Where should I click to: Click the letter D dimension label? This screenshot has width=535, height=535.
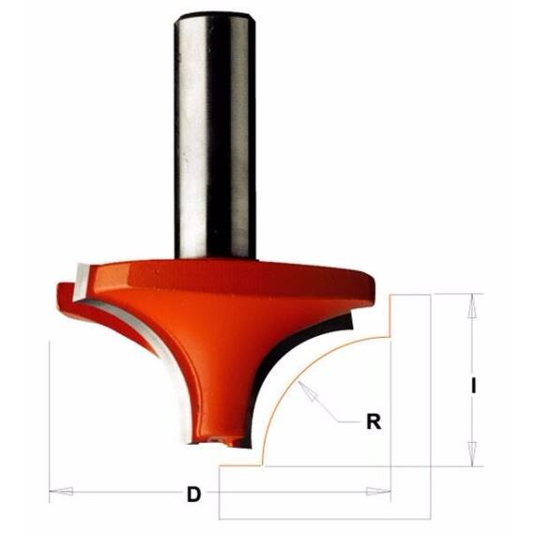(x=193, y=494)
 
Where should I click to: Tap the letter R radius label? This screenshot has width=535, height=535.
(x=373, y=421)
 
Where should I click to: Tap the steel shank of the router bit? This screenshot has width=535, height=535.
(x=215, y=141)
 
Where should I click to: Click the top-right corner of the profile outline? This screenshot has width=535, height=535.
(x=431, y=295)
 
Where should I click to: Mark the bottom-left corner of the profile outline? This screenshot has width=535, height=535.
(x=219, y=519)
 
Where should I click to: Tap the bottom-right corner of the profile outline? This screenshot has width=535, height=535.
(x=431, y=519)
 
